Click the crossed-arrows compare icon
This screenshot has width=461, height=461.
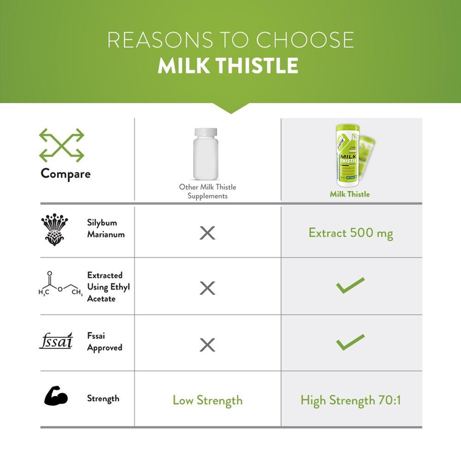coord(61,145)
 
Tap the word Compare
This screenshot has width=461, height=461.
coord(66,174)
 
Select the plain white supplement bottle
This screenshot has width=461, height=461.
coord(206,154)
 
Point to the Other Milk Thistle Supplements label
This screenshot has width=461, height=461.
coord(207,191)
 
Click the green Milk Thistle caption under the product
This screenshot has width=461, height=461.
coord(350,194)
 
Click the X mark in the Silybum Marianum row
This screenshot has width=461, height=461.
coord(207,233)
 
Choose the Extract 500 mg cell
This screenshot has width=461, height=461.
coord(351,233)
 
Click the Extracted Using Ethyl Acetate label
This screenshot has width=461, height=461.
coord(108,287)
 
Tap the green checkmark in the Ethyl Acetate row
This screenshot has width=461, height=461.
coord(350,285)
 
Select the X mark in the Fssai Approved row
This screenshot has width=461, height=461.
coord(207,344)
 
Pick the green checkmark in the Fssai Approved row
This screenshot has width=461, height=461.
coord(350,342)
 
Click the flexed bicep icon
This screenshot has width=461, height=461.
coord(56,396)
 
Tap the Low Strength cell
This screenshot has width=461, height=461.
coord(207,400)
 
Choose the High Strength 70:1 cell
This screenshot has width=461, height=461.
coord(351,400)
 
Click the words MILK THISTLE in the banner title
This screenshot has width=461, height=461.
coord(228,66)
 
